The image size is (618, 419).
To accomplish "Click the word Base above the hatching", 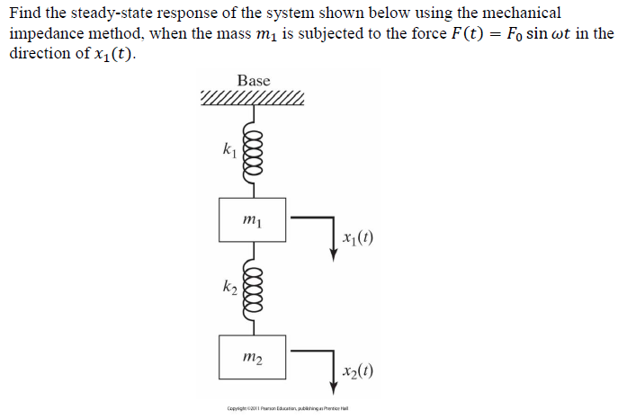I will click(253, 81).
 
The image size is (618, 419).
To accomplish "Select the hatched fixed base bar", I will click(253, 97).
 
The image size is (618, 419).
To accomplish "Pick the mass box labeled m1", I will click(253, 219).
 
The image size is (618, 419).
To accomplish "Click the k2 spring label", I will click(229, 287).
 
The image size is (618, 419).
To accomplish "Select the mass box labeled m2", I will click(253, 357).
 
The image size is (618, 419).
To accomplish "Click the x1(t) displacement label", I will click(358, 238).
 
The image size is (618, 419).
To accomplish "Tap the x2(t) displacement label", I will click(358, 371).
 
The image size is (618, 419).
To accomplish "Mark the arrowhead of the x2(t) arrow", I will click(334, 388).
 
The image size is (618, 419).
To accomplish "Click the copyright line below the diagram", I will click(287, 407).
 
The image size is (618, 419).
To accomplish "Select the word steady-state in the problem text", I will click(112, 13).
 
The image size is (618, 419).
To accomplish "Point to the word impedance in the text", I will click(47, 33).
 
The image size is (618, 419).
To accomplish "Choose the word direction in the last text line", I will click(40, 53).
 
